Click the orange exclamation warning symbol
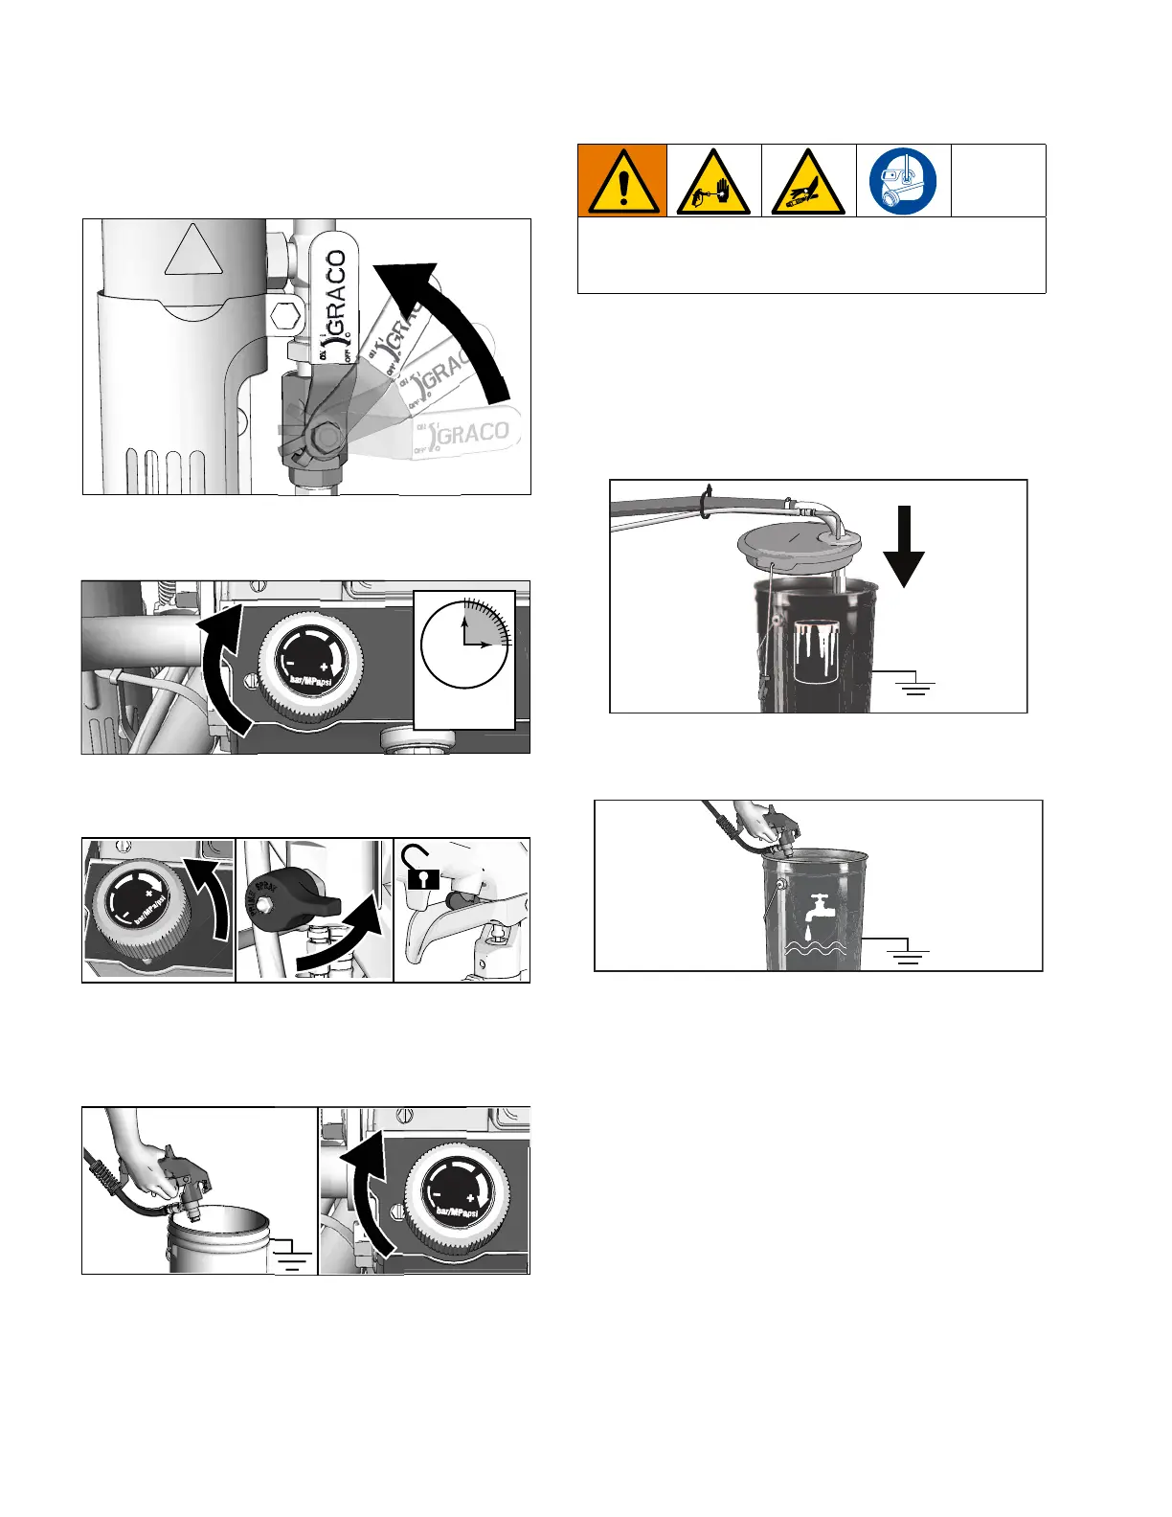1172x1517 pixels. (622, 181)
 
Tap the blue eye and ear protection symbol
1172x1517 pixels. (902, 181)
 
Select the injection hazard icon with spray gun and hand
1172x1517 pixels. (713, 181)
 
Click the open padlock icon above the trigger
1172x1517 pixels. (420, 869)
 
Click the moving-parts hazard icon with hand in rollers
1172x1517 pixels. (808, 181)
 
